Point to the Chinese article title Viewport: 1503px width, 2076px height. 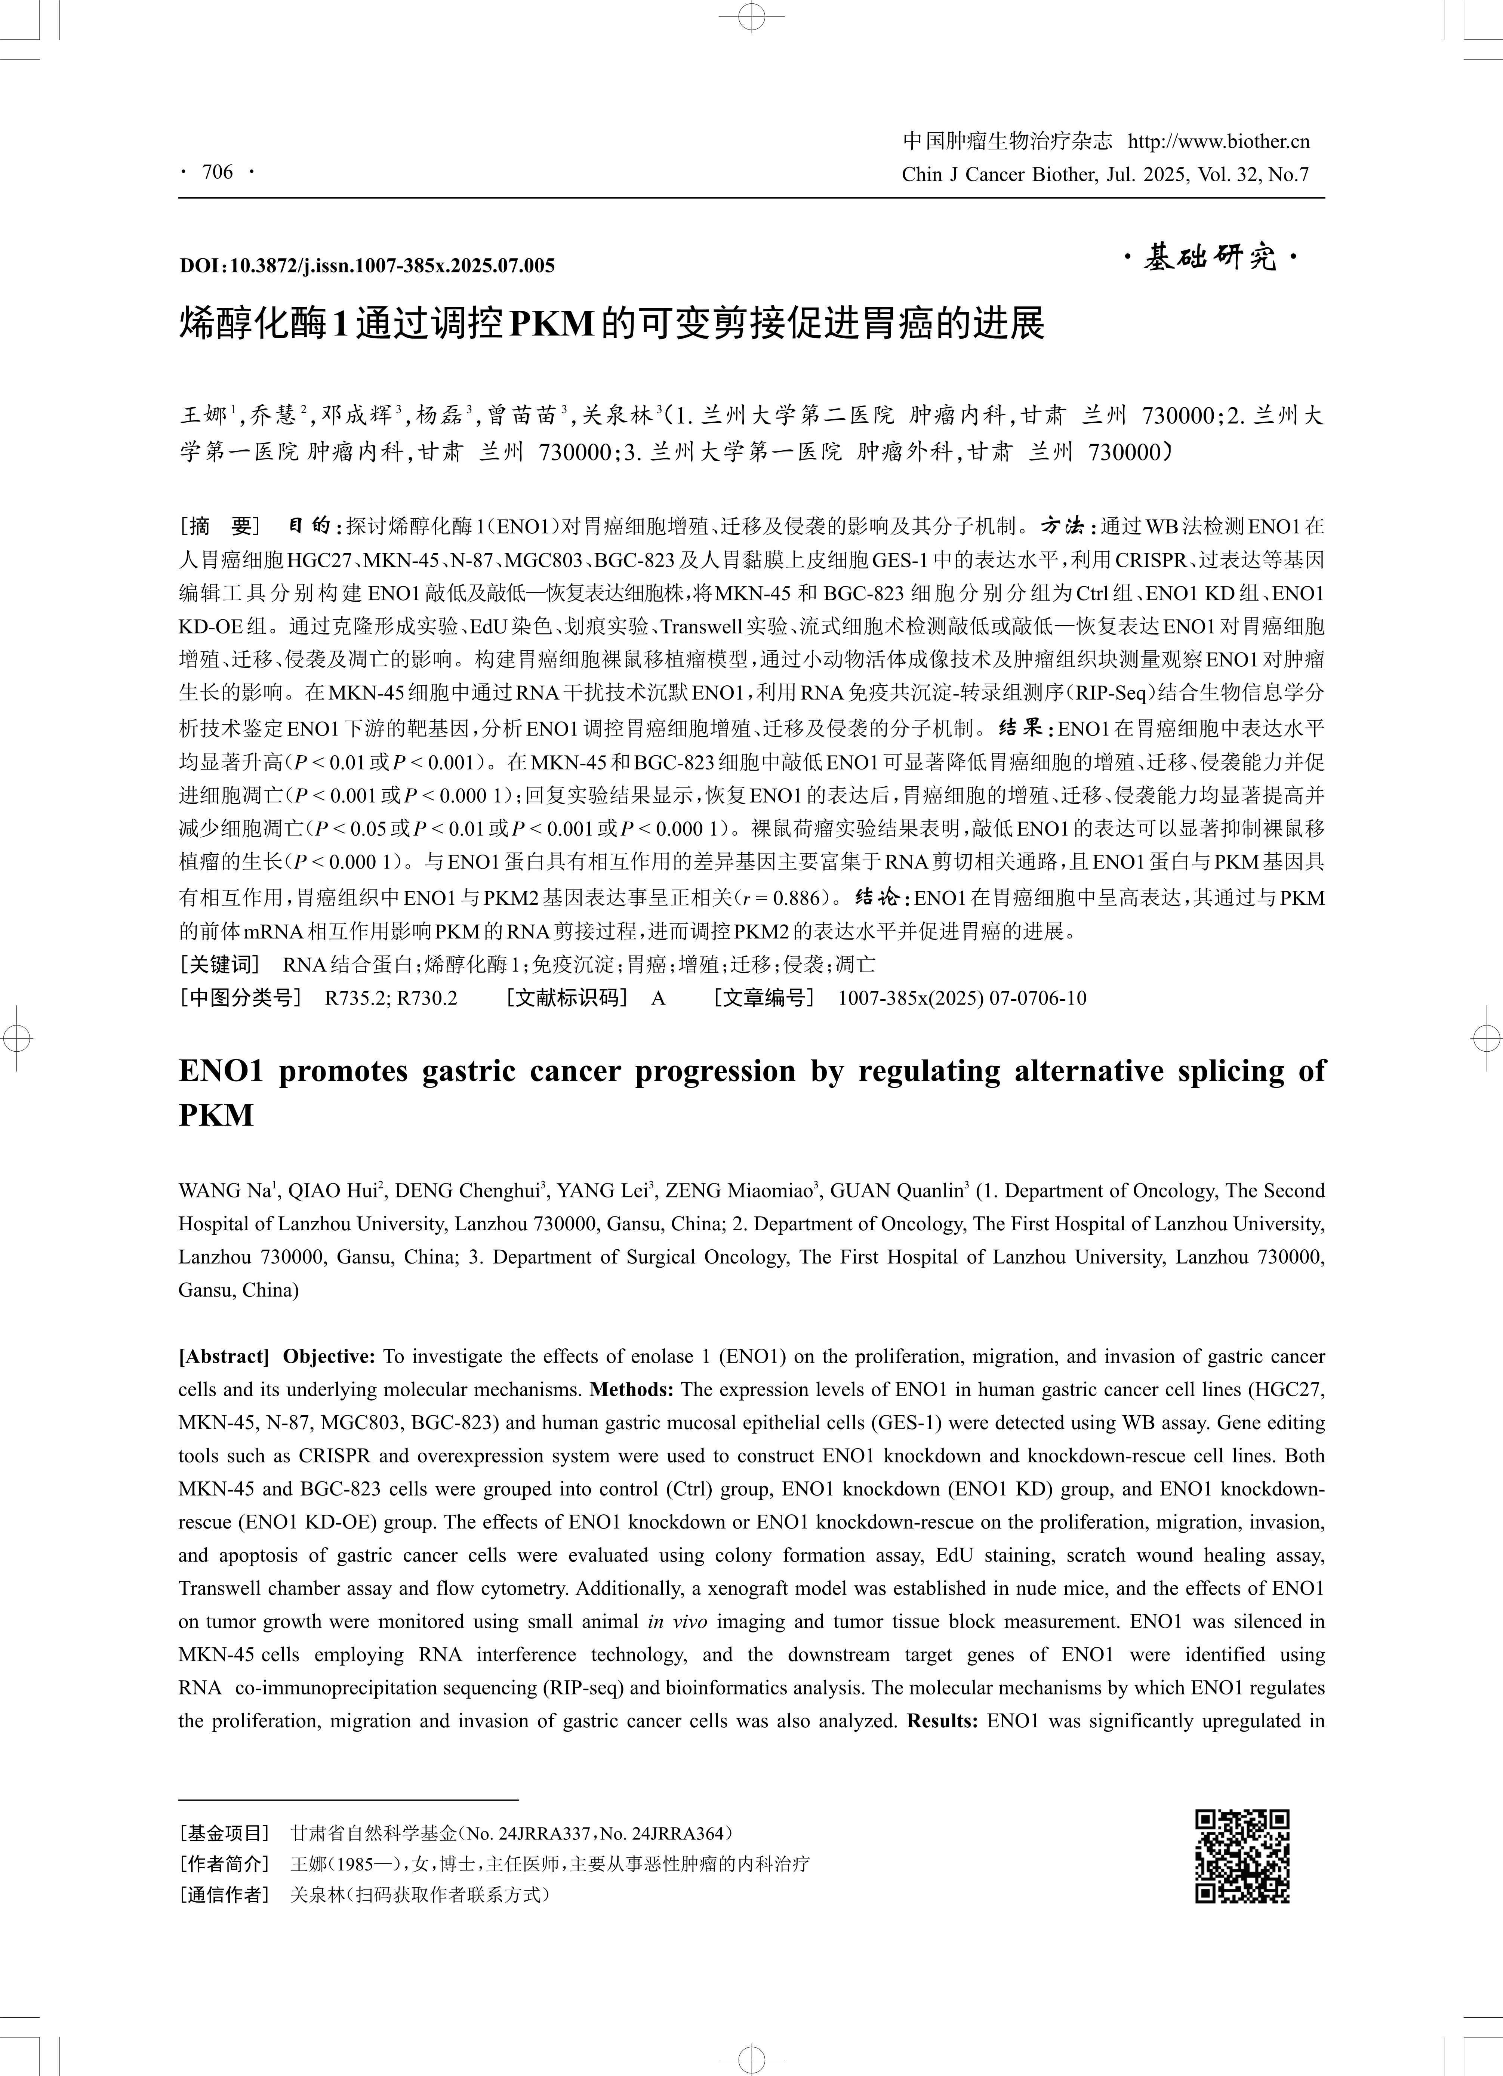[x=612, y=323]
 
